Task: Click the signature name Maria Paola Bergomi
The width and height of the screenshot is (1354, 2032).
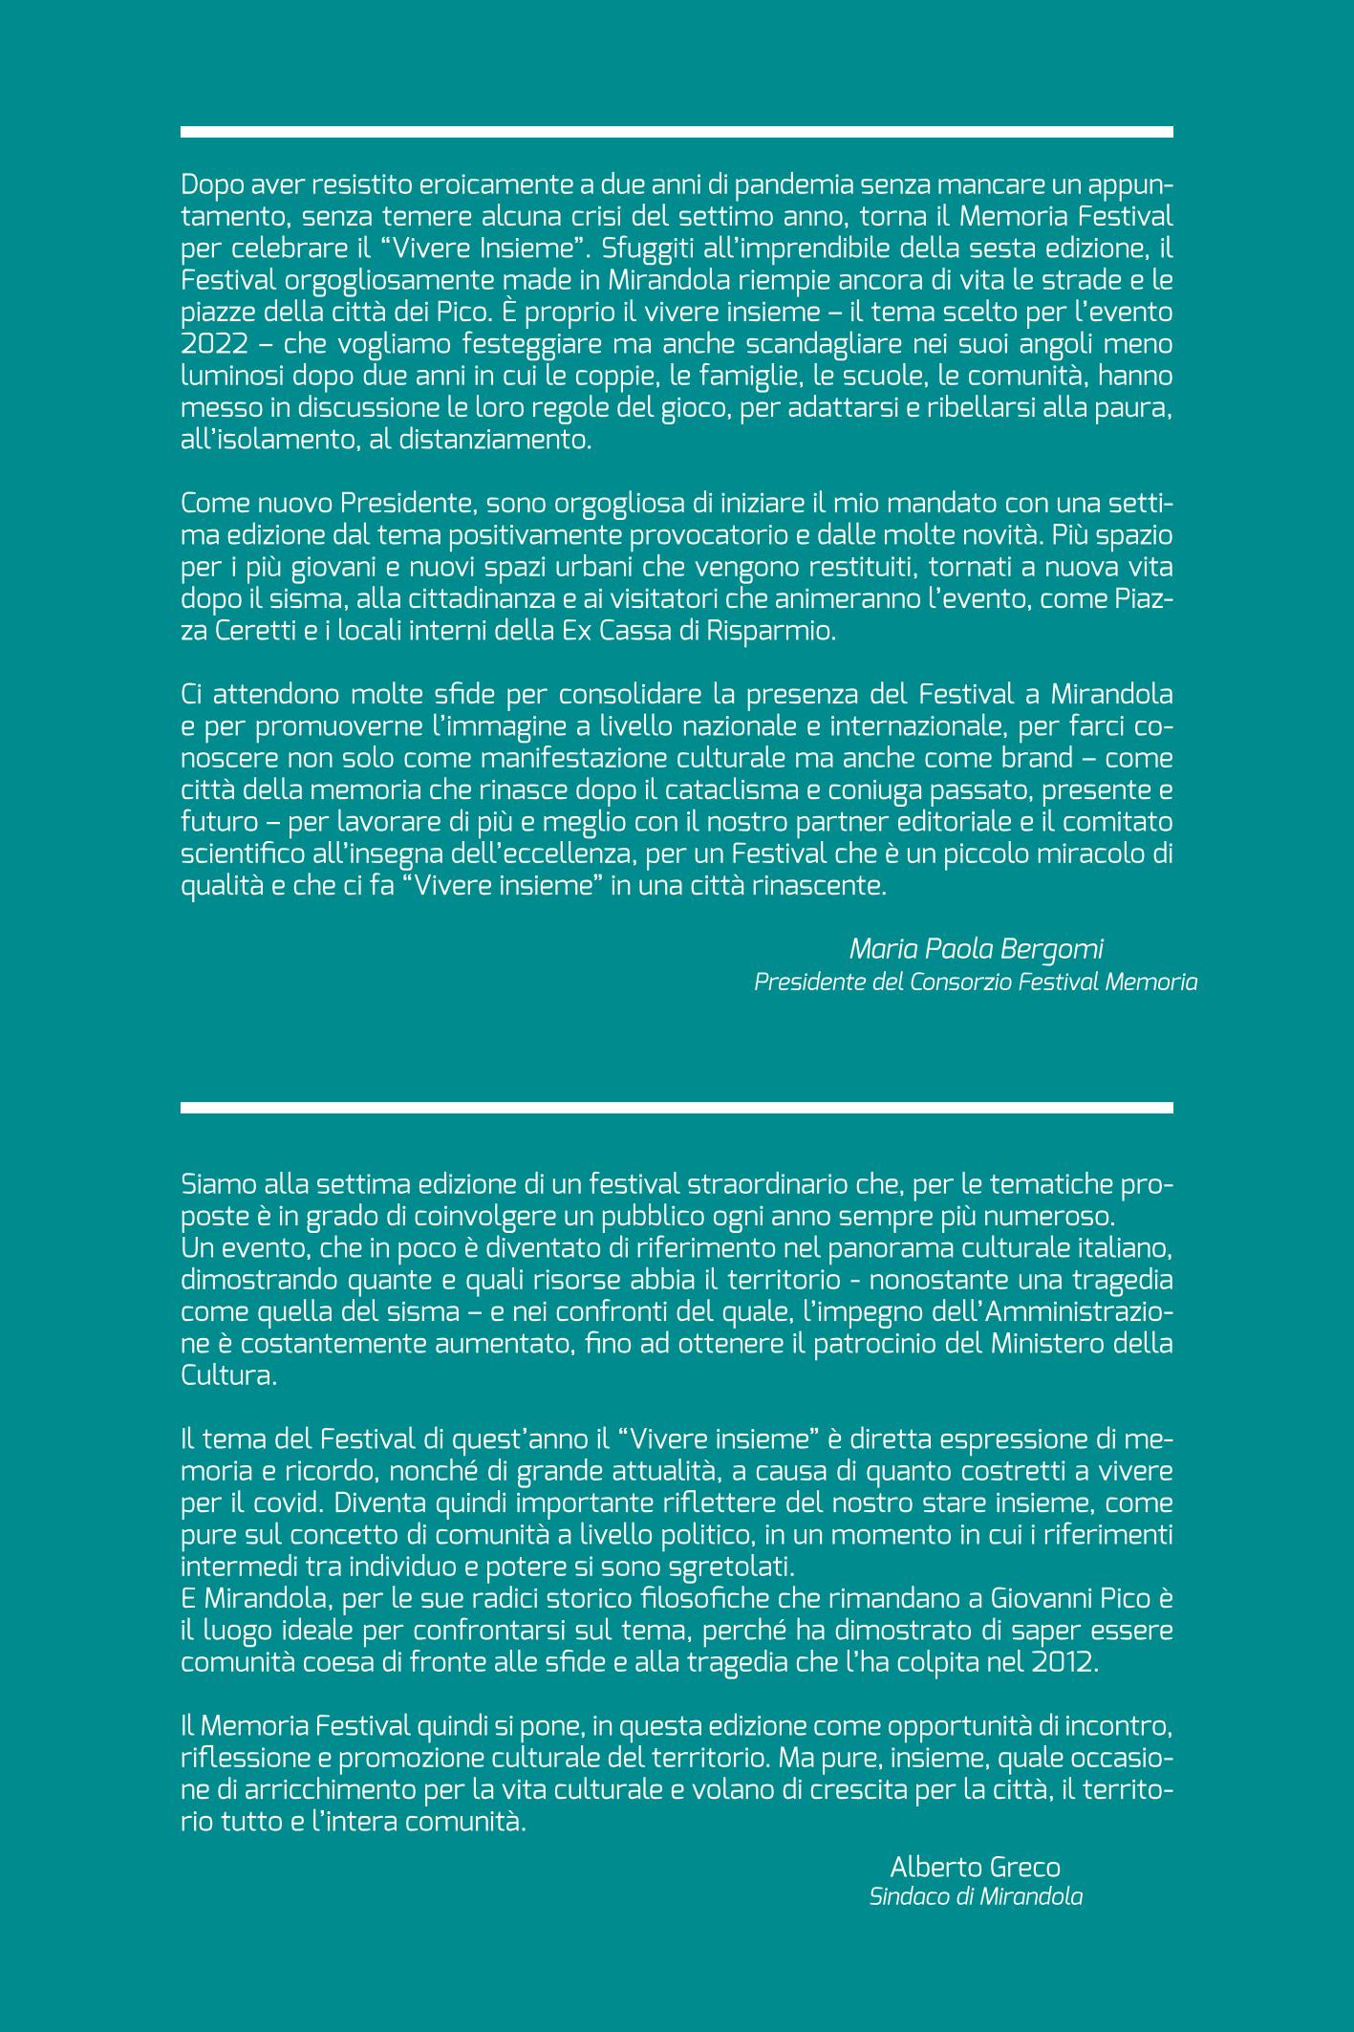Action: (976, 949)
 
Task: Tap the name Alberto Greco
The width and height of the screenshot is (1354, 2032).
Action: (975, 1892)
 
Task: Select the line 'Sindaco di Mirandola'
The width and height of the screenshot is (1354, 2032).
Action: (976, 1924)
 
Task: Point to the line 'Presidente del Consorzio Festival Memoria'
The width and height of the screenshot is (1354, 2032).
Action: (976, 982)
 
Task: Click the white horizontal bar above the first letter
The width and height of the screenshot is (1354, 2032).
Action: (677, 132)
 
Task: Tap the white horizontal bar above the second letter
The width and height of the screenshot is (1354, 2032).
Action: (677, 1108)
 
